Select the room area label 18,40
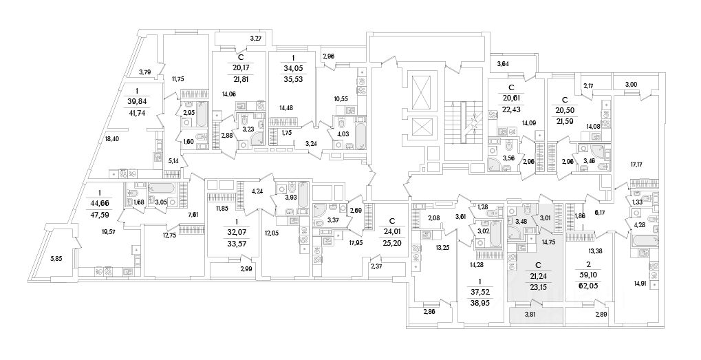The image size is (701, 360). coord(111,139)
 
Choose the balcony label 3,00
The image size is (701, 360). coord(631,84)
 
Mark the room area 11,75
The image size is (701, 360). coord(179,78)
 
